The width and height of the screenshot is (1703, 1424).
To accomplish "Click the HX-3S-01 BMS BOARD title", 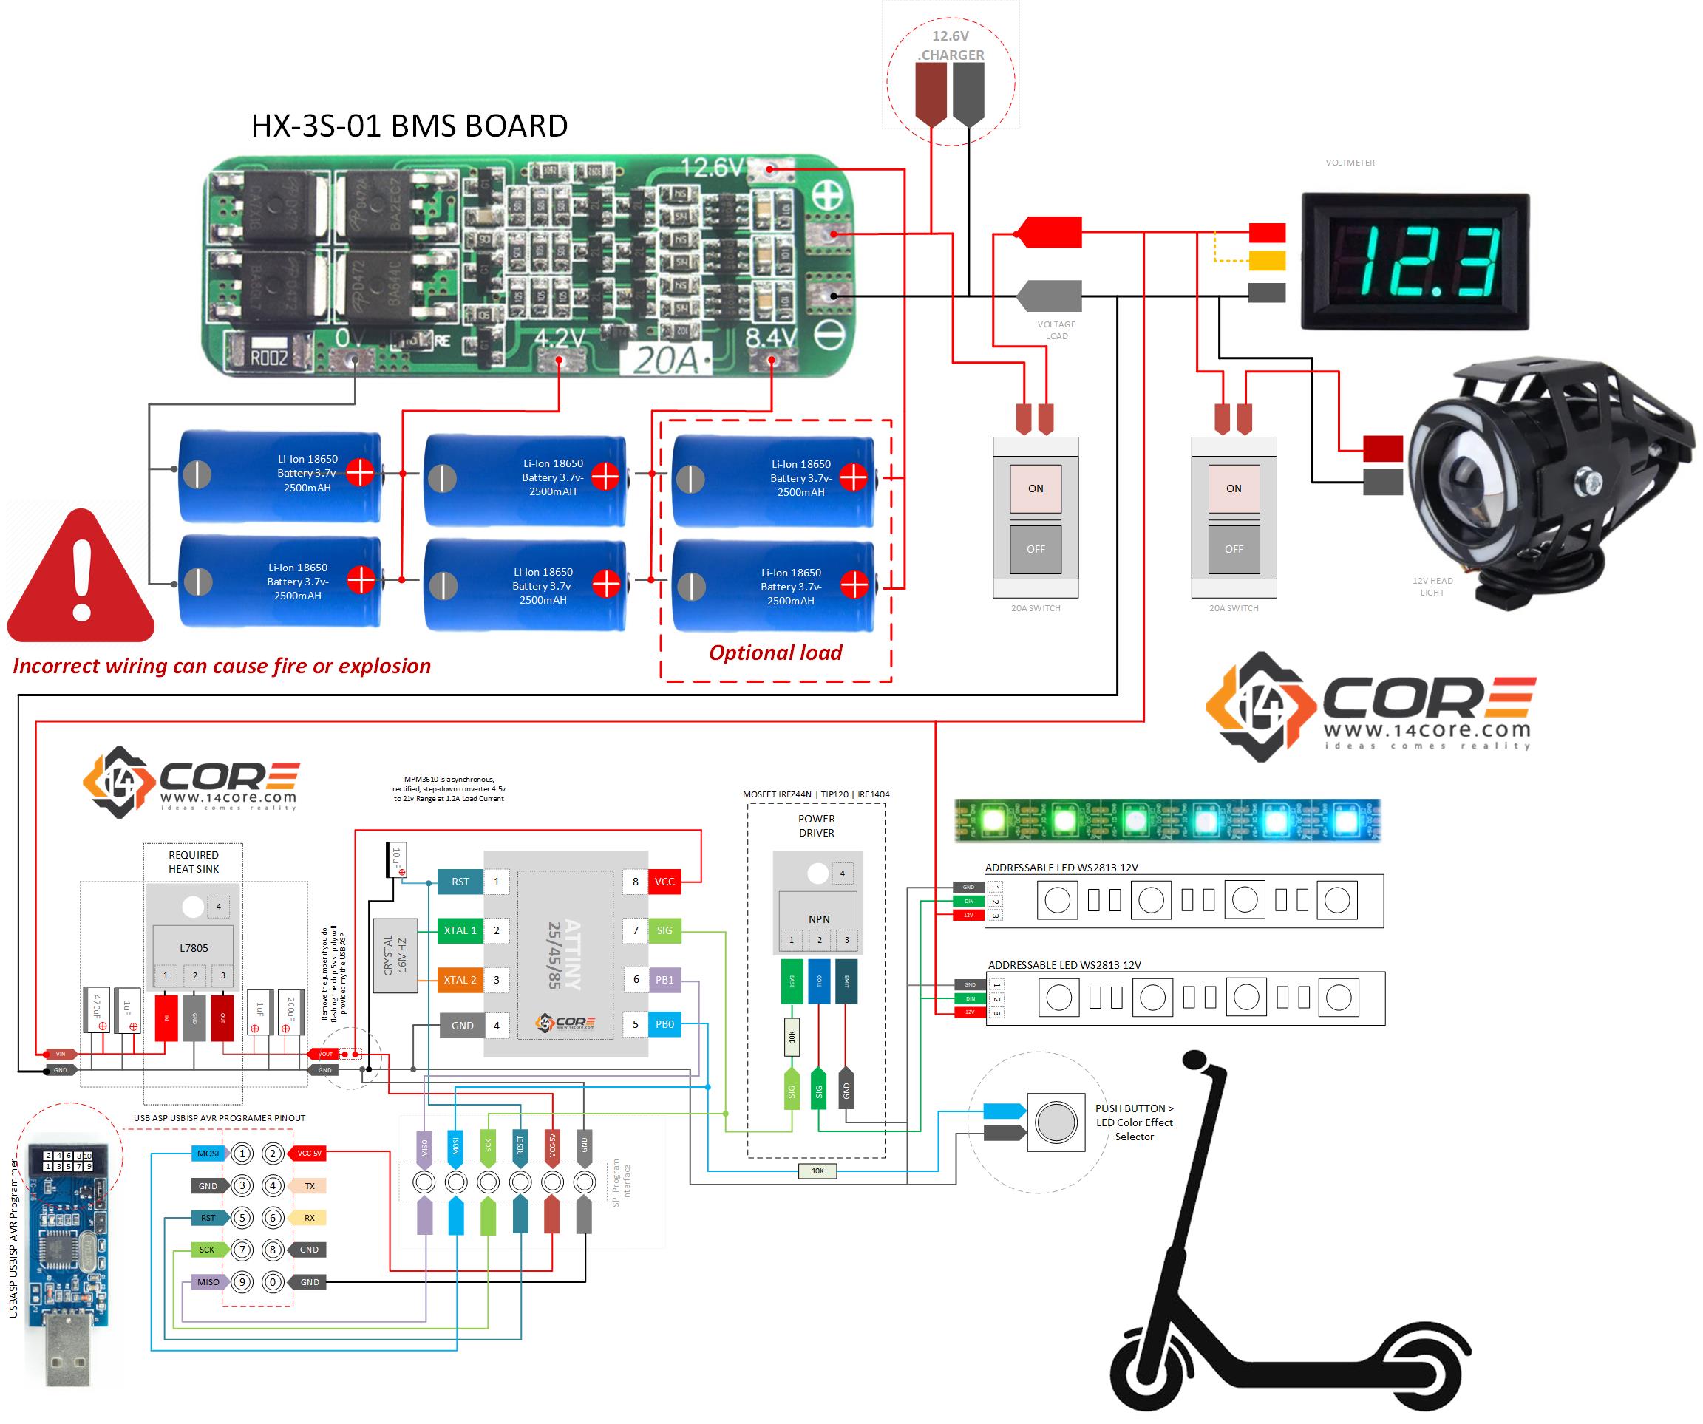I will point(409,126).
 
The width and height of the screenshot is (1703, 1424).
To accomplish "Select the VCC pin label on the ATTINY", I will point(664,882).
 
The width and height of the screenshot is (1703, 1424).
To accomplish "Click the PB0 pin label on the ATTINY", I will point(664,1024).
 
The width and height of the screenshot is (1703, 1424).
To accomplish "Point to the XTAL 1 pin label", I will point(460,930).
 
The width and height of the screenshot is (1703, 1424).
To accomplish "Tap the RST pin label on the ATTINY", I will point(460,882).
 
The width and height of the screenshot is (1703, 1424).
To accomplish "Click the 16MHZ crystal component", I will point(395,955).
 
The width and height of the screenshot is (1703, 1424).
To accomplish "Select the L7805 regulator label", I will point(194,948).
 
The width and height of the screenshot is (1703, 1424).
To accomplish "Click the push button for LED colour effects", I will point(1055,1123).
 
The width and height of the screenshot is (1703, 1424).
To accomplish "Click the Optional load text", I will point(775,653).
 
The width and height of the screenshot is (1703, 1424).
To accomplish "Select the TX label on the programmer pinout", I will point(310,1185).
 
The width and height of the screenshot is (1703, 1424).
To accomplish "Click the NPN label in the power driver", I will point(819,919).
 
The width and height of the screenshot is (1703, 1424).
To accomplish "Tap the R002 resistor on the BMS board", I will point(268,357).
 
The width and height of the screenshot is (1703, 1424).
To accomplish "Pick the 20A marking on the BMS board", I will point(665,360).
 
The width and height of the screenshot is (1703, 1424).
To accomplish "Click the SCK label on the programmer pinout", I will point(207,1250).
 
